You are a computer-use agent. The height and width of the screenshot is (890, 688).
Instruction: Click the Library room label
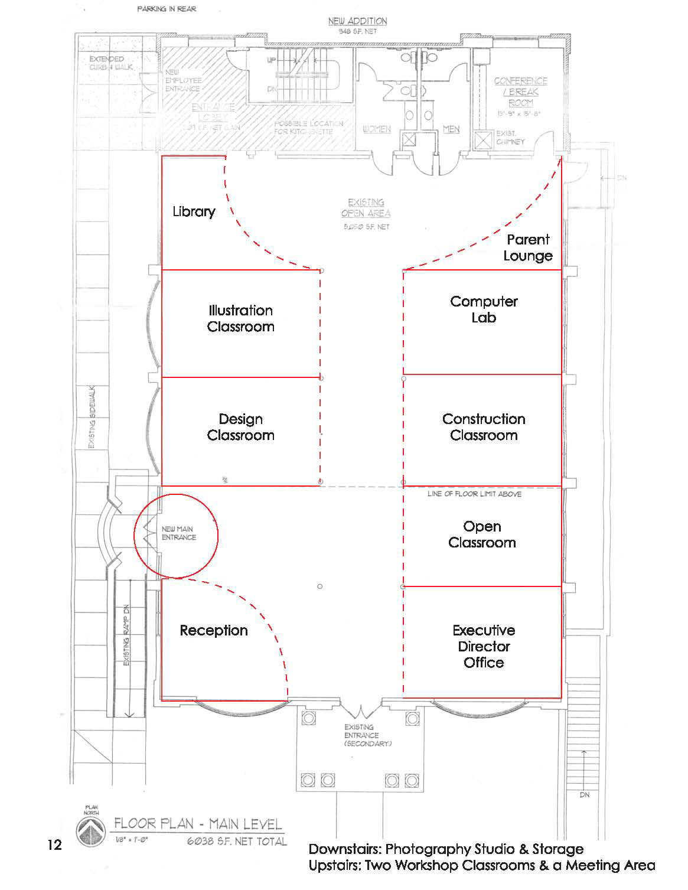tap(194, 211)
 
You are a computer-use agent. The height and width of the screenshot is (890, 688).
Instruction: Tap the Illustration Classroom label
tap(240, 318)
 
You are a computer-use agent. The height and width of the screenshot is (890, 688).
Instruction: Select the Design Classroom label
tap(240, 427)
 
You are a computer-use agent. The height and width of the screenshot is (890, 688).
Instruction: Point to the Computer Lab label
tap(484, 309)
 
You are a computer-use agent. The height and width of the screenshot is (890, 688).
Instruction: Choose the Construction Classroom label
tap(484, 427)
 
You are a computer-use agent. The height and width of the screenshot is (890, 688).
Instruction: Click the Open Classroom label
tap(482, 534)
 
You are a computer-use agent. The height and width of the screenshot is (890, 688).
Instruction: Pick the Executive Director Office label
tap(484, 646)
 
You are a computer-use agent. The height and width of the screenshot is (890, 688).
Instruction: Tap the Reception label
tap(214, 630)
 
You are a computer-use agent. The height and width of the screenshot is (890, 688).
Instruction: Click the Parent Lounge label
tap(528, 247)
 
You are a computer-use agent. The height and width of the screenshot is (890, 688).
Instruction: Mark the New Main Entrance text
tap(178, 533)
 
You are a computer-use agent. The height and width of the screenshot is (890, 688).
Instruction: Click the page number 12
tap(54, 845)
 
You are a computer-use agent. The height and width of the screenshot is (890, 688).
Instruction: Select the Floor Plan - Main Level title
tap(198, 823)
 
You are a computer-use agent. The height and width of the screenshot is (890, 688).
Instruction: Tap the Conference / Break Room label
tap(520, 92)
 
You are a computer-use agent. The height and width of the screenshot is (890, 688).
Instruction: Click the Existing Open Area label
tap(366, 208)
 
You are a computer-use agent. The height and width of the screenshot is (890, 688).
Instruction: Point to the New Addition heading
tap(358, 21)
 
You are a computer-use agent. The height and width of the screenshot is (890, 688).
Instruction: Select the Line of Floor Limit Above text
tap(474, 494)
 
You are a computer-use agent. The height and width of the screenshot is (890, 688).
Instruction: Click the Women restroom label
tap(376, 129)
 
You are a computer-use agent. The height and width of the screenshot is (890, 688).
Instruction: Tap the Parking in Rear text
tap(167, 9)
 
